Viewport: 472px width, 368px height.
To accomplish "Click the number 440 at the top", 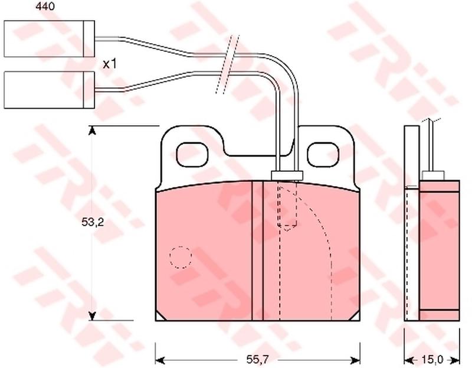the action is coord(45,6).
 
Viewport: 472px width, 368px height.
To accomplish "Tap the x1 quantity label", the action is coord(110,64).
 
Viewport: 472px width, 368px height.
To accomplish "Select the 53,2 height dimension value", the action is coord(93,223).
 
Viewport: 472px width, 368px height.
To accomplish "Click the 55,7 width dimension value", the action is coord(257,359).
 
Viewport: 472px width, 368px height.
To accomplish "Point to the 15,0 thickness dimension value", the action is coord(432,360).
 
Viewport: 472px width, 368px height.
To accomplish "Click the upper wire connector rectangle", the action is coord(50,38).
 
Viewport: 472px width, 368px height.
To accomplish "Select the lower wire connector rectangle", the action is coord(50,90).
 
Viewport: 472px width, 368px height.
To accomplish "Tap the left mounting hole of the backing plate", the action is coord(192,155).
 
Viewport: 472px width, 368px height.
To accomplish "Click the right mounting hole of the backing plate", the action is coord(323,155).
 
